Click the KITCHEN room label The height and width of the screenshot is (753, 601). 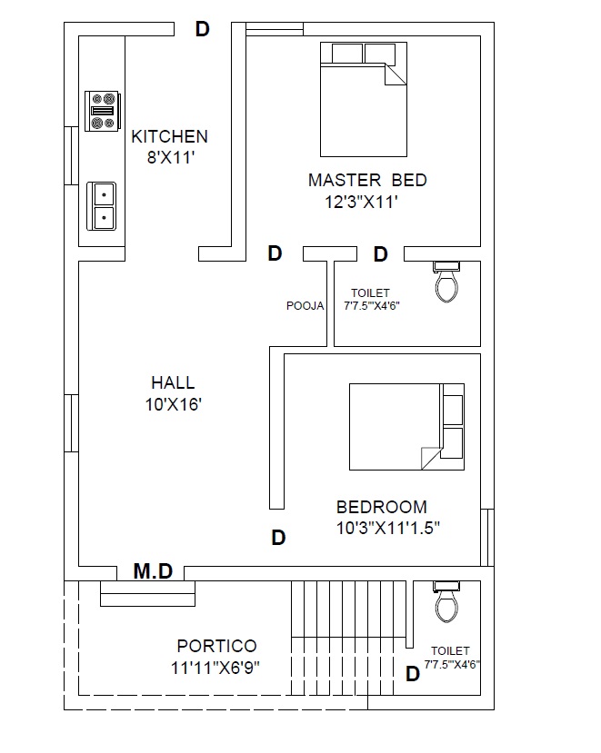coord(170,136)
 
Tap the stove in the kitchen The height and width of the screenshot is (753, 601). coord(103,111)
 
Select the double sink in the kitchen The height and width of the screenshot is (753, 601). coord(101,206)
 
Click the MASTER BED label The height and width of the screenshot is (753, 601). coord(368,180)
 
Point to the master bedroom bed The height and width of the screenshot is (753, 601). coord(364,99)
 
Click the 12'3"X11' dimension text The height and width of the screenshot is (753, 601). coord(361,202)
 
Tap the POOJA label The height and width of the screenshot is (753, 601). coord(305,306)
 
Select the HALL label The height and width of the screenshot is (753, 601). coord(173,382)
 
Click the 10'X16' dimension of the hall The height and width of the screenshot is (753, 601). coord(173,404)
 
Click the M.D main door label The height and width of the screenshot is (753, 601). coord(153,571)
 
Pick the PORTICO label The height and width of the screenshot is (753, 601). coord(216,646)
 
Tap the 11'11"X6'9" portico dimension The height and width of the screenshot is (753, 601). coord(215,668)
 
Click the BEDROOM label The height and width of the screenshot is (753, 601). coord(382,507)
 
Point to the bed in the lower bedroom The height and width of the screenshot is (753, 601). coord(406,426)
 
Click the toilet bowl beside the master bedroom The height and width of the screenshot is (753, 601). coord(446,282)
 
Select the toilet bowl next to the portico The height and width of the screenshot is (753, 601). coord(446,601)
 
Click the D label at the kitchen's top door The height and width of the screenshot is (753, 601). coord(203,29)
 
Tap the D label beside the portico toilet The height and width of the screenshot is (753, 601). coord(413,674)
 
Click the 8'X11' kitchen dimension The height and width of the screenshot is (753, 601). coord(171,157)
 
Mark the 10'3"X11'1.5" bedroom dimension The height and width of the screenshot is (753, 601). coord(388,529)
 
